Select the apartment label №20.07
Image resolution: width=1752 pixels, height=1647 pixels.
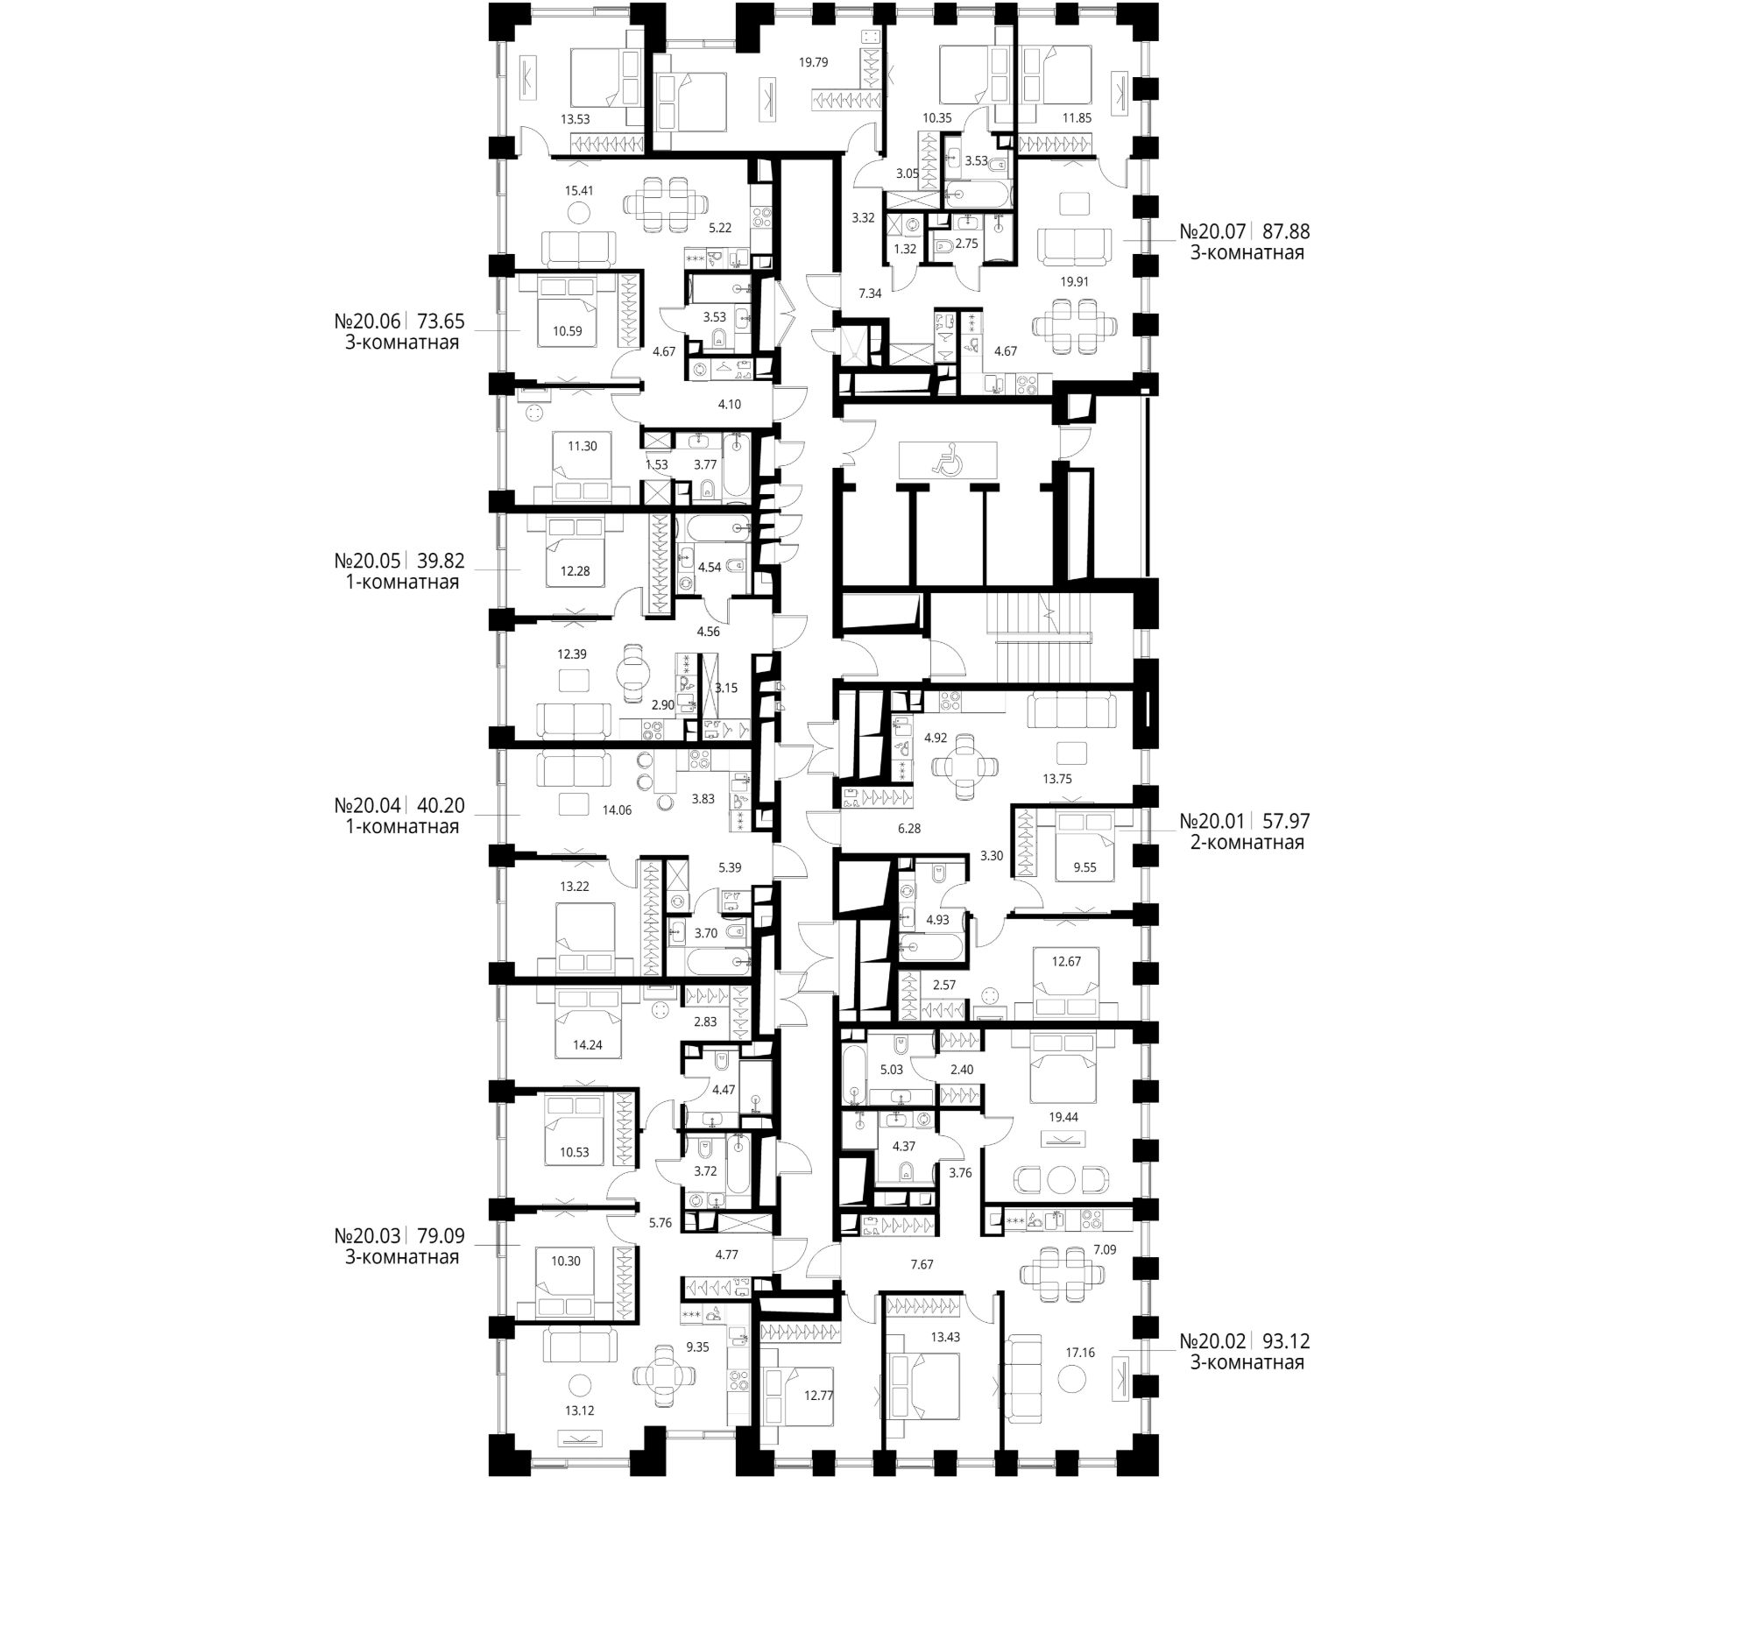tap(1212, 232)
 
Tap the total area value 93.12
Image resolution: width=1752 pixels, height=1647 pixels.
tap(1286, 1341)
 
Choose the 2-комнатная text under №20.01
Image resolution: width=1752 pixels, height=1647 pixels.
tap(1247, 843)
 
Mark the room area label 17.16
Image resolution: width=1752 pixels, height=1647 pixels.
tap(1079, 1352)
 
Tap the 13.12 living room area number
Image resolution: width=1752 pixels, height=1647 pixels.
tap(579, 1410)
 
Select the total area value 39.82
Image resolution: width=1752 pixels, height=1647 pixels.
tap(441, 562)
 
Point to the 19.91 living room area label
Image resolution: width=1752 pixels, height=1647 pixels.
tap(1074, 282)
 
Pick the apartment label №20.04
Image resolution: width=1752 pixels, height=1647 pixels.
tap(368, 805)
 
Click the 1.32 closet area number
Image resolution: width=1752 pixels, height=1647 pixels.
tap(905, 250)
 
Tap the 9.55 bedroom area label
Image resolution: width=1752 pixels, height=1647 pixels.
tap(1084, 867)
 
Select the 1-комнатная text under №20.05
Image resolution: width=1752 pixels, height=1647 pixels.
tap(402, 583)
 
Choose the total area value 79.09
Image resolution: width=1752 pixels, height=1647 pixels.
tap(441, 1235)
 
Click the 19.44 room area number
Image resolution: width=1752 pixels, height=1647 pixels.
tap(1063, 1116)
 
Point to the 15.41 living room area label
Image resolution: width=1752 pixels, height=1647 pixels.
tap(578, 189)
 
